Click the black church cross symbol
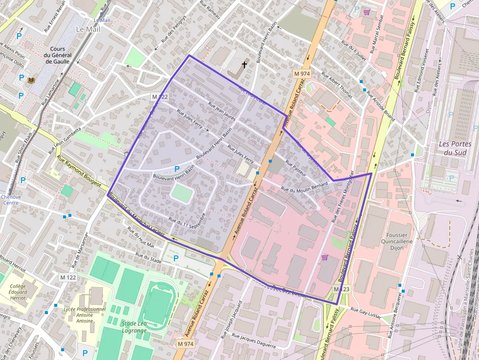(x=244, y=64)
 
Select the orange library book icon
(x=32, y=80)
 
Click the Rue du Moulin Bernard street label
(x=304, y=187)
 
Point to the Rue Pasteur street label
(x=296, y=168)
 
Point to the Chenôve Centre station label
(x=10, y=200)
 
